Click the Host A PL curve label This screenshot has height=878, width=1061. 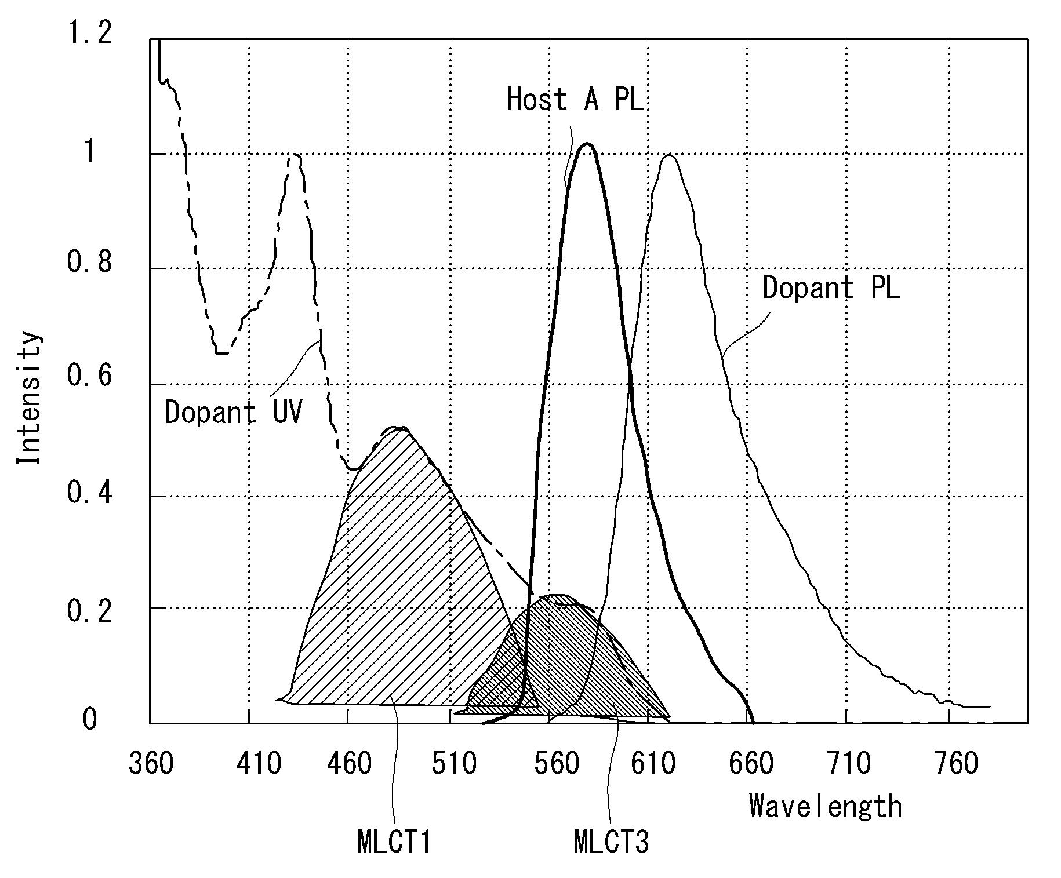tap(575, 99)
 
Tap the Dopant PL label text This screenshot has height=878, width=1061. tap(831, 287)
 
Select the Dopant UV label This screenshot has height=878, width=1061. tap(234, 412)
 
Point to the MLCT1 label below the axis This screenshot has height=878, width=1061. tap(394, 841)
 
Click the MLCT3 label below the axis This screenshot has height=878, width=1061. tap(611, 841)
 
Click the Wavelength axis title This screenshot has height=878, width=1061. tap(826, 806)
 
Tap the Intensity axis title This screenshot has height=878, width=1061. tap(29, 398)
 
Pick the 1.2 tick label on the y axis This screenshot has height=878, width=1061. tap(90, 33)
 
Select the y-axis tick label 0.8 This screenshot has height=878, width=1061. tap(90, 262)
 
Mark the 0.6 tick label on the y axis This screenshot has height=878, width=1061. tap(90, 376)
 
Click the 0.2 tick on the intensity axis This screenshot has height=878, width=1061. tap(90, 611)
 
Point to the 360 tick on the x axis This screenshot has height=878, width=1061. tap(151, 763)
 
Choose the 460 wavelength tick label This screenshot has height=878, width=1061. tap(349, 763)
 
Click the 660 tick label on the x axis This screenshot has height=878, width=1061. tap(751, 763)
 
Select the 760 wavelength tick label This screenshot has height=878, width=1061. tap(956, 763)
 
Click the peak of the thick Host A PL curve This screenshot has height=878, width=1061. tap(587, 143)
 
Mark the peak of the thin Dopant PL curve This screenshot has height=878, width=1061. tap(669, 155)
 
